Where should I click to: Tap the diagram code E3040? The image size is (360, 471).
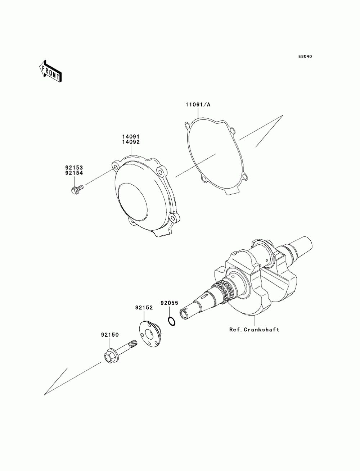(x=305, y=57)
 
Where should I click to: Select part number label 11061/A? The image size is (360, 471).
(x=198, y=105)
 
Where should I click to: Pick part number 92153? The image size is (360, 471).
(x=74, y=168)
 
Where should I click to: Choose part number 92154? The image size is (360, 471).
(x=74, y=173)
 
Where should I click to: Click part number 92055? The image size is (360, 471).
(x=169, y=303)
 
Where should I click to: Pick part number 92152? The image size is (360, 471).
(x=144, y=308)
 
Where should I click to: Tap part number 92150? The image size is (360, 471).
(x=109, y=335)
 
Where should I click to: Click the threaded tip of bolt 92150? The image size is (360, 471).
(x=134, y=343)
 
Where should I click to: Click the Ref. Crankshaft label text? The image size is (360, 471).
(x=254, y=329)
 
